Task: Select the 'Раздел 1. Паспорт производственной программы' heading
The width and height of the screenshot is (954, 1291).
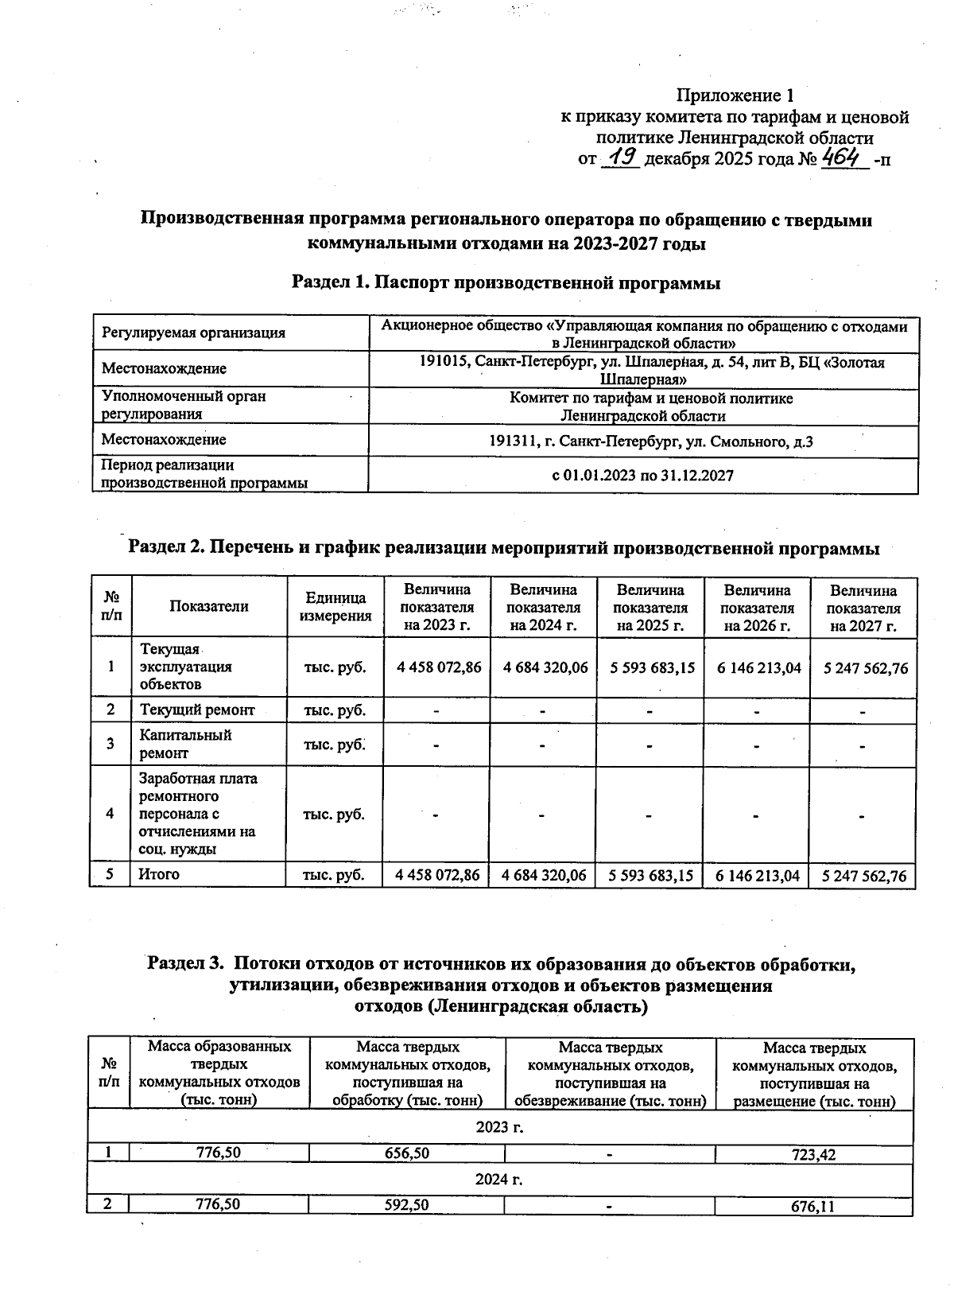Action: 506,282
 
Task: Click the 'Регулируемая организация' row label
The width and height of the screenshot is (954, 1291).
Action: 194,332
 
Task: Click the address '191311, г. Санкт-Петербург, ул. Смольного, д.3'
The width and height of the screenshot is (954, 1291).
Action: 643,441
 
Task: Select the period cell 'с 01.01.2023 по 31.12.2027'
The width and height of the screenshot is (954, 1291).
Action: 643,475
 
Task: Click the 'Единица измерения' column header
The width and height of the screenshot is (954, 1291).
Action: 335,607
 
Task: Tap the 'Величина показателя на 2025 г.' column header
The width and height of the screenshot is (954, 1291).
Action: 650,607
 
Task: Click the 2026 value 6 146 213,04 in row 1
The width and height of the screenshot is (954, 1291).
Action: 757,667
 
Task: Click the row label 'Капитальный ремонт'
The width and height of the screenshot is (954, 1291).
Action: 185,744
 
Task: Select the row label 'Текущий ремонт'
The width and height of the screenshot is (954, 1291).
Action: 196,710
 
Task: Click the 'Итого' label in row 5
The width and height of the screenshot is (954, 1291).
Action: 159,874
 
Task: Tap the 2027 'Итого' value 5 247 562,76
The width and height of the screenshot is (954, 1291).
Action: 863,876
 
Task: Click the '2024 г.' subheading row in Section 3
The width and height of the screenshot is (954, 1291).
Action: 499,1180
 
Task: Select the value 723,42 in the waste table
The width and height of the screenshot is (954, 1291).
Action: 813,1154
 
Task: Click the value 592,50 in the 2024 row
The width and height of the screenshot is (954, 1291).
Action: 406,1205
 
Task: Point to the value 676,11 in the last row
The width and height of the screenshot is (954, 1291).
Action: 813,1207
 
